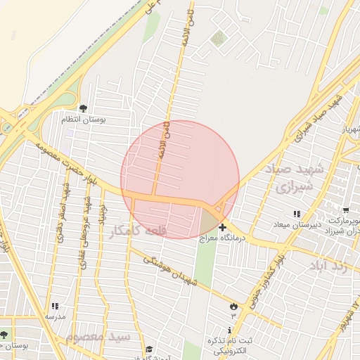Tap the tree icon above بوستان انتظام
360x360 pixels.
pyautogui.click(x=84, y=108)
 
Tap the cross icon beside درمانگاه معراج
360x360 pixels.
pyautogui.click(x=222, y=227)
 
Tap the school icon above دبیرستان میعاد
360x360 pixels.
pyautogui.click(x=296, y=213)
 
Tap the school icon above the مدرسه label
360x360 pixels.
pyautogui.click(x=56, y=306)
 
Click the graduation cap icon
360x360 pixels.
pyautogui.click(x=148, y=349)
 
